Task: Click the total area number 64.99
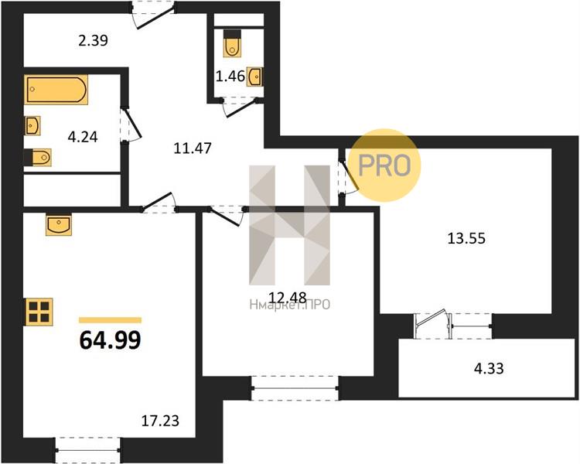pos(111,340)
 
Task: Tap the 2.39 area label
pos(94,40)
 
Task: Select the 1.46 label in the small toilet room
pos(230,77)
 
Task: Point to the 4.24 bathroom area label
pos(83,138)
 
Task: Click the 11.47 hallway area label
pos(193,148)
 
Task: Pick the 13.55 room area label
pos(466,238)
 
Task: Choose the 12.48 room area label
pos(288,297)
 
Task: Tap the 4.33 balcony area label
pos(489,369)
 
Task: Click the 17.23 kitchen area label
pos(161,421)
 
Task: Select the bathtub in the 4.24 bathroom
pos(56,89)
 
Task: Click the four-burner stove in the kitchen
pos(39,312)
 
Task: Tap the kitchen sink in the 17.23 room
pos(59,224)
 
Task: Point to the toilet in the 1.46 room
pos(232,43)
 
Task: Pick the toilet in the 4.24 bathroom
pos(38,158)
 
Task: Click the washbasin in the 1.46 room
pos(255,77)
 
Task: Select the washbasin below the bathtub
pos(32,126)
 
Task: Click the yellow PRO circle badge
pos(384,165)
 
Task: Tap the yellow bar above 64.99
pos(111,320)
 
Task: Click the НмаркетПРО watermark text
pos(290,305)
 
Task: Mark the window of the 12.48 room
pos(295,388)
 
